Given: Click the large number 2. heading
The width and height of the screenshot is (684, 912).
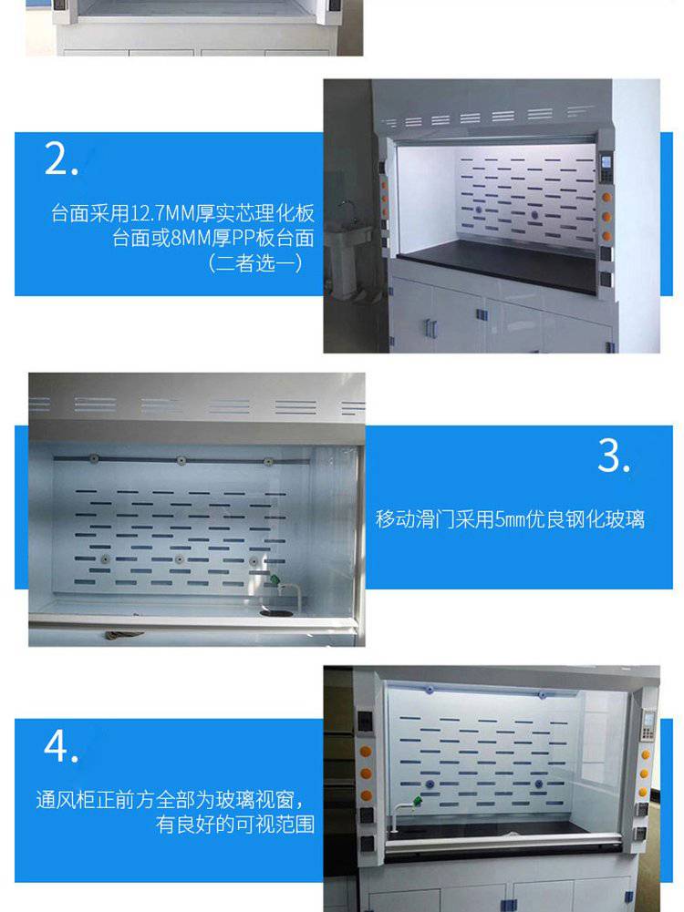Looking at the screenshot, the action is pos(61,159).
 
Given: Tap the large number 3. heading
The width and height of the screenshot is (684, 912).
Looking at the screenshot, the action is pos(614,455).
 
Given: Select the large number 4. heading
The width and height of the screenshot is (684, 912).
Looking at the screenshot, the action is pos(61,746).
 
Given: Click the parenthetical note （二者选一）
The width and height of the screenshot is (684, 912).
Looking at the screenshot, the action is pos(255,263).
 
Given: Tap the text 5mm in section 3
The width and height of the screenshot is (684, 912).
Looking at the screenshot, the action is pos(510,518).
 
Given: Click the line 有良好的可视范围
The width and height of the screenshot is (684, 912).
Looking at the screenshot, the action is pos(235,825).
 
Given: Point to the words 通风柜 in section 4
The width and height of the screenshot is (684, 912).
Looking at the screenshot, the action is pos(65,800).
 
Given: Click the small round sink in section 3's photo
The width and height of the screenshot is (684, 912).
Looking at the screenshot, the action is pos(273,612).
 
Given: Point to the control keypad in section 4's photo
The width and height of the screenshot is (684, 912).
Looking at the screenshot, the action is pos(648,723).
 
